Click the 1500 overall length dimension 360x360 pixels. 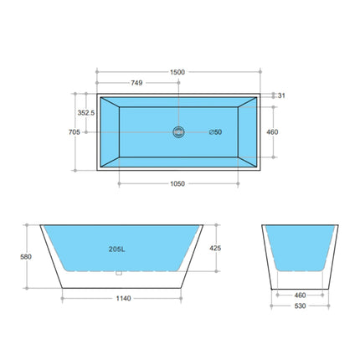coord(177,72)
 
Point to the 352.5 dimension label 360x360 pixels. coord(85,111)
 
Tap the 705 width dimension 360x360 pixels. coord(73,131)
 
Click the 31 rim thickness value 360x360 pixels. coord(281,95)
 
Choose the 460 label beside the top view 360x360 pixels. coord(272,131)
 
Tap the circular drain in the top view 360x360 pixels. coord(177,131)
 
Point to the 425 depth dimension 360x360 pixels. coord(215,249)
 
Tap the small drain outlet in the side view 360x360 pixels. coord(120,271)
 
